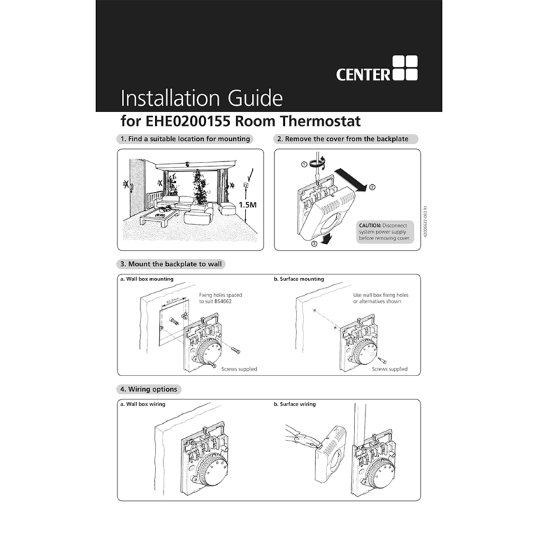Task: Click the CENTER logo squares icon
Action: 405,69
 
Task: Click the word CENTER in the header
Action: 363,74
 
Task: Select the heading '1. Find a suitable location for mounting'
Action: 185,139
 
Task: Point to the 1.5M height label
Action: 248,205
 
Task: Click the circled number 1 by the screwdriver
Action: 305,164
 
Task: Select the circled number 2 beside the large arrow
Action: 373,187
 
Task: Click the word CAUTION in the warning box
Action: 370,224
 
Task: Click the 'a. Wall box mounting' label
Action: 147,279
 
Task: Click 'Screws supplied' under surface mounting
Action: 389,368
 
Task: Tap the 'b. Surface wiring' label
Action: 295,404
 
